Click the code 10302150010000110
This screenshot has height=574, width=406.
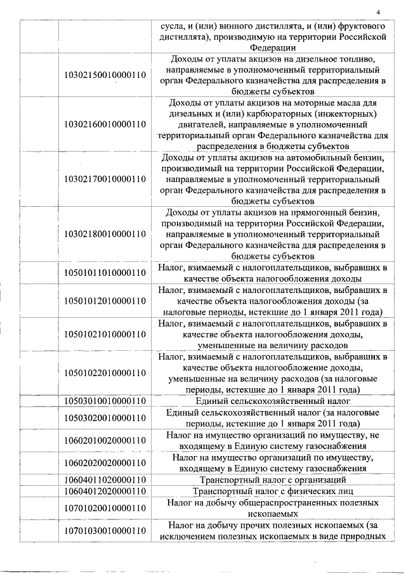click(x=106, y=75)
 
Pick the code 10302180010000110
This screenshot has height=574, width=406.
click(x=106, y=234)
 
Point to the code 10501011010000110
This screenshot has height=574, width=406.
click(x=106, y=273)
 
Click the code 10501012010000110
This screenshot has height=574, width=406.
click(x=106, y=301)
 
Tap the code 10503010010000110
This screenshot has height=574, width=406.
click(x=106, y=401)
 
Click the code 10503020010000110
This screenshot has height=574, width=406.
click(x=106, y=417)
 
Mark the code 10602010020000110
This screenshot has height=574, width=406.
click(x=106, y=440)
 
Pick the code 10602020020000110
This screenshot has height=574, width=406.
click(x=106, y=462)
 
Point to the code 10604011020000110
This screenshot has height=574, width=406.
click(x=106, y=479)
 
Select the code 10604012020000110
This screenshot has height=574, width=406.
click(x=106, y=491)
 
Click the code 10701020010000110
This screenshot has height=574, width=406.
click(x=106, y=508)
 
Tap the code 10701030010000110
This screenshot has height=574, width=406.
click(x=106, y=530)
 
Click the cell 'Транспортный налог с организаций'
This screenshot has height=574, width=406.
click(x=273, y=479)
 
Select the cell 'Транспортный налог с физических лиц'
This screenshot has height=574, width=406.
click(x=273, y=491)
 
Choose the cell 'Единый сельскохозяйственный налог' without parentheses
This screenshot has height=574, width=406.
click(x=273, y=401)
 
